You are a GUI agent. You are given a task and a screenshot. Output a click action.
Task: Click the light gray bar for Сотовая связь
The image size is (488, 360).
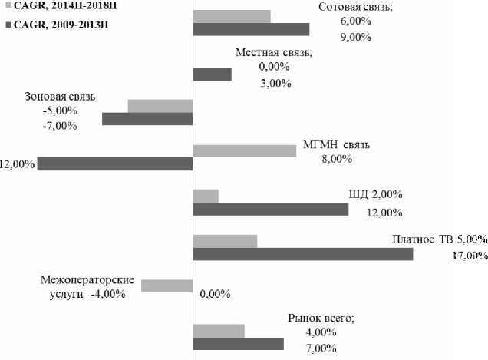tap(231, 15)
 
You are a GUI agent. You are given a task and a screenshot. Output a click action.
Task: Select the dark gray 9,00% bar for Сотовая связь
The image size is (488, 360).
tap(250, 29)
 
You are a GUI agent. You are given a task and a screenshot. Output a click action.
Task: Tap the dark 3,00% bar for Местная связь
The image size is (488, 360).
tap(211, 74)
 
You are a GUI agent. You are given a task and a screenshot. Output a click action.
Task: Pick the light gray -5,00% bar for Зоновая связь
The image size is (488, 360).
tap(160, 106)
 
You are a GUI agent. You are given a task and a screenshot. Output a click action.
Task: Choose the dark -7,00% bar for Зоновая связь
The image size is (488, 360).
tap(147, 119)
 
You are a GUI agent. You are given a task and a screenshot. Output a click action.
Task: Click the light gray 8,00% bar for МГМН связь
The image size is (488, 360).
tap(244, 150)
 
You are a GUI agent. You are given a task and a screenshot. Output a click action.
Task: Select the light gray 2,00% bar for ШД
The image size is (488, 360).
tap(205, 196)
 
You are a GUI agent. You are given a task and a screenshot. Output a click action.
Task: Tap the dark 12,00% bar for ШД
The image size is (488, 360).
tap(270, 209)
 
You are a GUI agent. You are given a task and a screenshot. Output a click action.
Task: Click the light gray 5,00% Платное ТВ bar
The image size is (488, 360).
tap(224, 241)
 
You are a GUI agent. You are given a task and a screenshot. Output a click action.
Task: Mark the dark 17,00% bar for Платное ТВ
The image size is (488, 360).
tap(302, 254)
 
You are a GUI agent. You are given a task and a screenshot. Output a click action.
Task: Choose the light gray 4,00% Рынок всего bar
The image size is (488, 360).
tap(218, 331)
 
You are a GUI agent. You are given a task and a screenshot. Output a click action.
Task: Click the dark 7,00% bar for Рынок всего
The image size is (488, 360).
tap(237, 344)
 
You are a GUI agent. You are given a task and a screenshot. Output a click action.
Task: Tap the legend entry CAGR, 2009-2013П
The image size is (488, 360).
tap(61, 25)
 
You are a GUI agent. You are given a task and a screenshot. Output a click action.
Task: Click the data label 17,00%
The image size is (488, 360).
tap(470, 256)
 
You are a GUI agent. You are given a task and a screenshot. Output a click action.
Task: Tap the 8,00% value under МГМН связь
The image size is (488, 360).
tap(335, 160)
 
